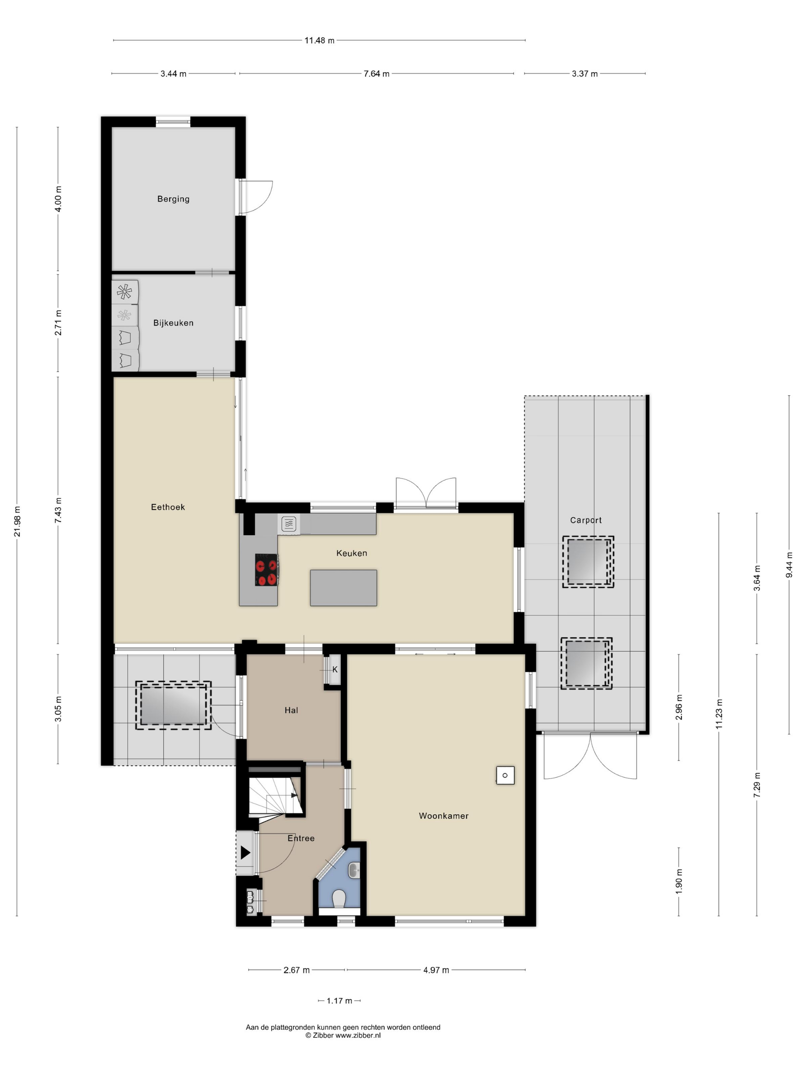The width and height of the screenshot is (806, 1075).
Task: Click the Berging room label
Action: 173,199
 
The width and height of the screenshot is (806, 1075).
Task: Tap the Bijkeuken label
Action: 173,323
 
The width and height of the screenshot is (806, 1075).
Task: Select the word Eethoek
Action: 168,507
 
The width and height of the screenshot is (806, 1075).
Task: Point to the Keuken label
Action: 351,553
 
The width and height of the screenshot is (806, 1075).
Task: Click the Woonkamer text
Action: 443,815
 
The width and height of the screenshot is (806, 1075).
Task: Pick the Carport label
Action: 585,520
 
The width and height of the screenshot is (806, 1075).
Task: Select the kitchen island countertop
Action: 343,587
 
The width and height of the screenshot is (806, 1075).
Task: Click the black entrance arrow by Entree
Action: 245,852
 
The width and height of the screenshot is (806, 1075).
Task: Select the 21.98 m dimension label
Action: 17,521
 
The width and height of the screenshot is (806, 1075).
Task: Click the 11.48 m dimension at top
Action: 319,40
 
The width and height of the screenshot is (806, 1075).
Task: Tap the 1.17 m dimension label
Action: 339,1001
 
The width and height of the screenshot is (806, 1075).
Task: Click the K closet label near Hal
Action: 335,670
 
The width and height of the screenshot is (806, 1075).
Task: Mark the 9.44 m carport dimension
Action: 789,565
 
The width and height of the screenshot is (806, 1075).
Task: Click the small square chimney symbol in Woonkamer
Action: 505,775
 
